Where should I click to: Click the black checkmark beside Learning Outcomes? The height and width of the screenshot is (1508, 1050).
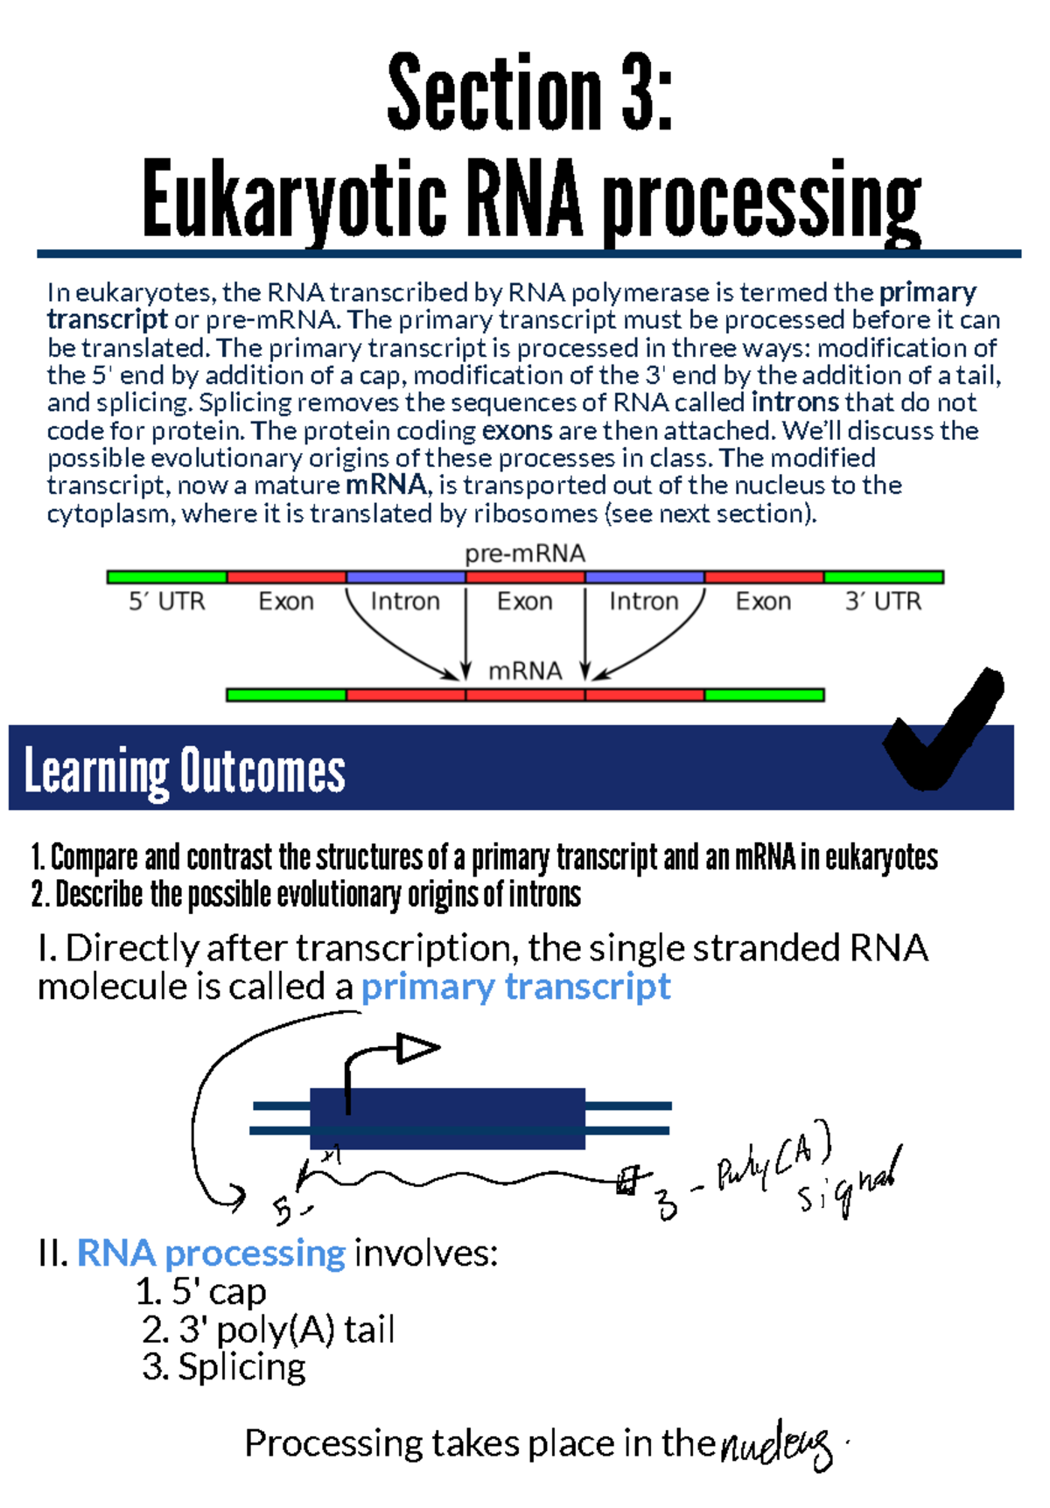945,730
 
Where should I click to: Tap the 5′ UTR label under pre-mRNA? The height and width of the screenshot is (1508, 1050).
166,602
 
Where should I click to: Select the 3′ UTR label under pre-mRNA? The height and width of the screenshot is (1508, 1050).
883,602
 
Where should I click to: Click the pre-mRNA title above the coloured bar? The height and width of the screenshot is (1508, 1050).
524,554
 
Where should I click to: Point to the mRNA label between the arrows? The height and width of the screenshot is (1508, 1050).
525,671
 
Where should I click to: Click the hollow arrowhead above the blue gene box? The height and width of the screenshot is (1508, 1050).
416,1048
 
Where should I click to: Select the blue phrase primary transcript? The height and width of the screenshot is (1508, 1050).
515,987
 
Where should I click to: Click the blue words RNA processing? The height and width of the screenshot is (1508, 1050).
211,1253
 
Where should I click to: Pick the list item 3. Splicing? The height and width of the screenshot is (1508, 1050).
224,1367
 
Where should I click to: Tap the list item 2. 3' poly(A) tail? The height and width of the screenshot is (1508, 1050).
268,1330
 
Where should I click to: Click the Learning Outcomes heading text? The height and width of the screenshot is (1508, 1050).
185,771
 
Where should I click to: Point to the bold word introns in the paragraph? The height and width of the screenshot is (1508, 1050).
794,402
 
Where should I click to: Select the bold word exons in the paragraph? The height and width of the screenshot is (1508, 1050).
516,430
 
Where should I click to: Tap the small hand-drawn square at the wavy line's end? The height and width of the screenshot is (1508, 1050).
626,1182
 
